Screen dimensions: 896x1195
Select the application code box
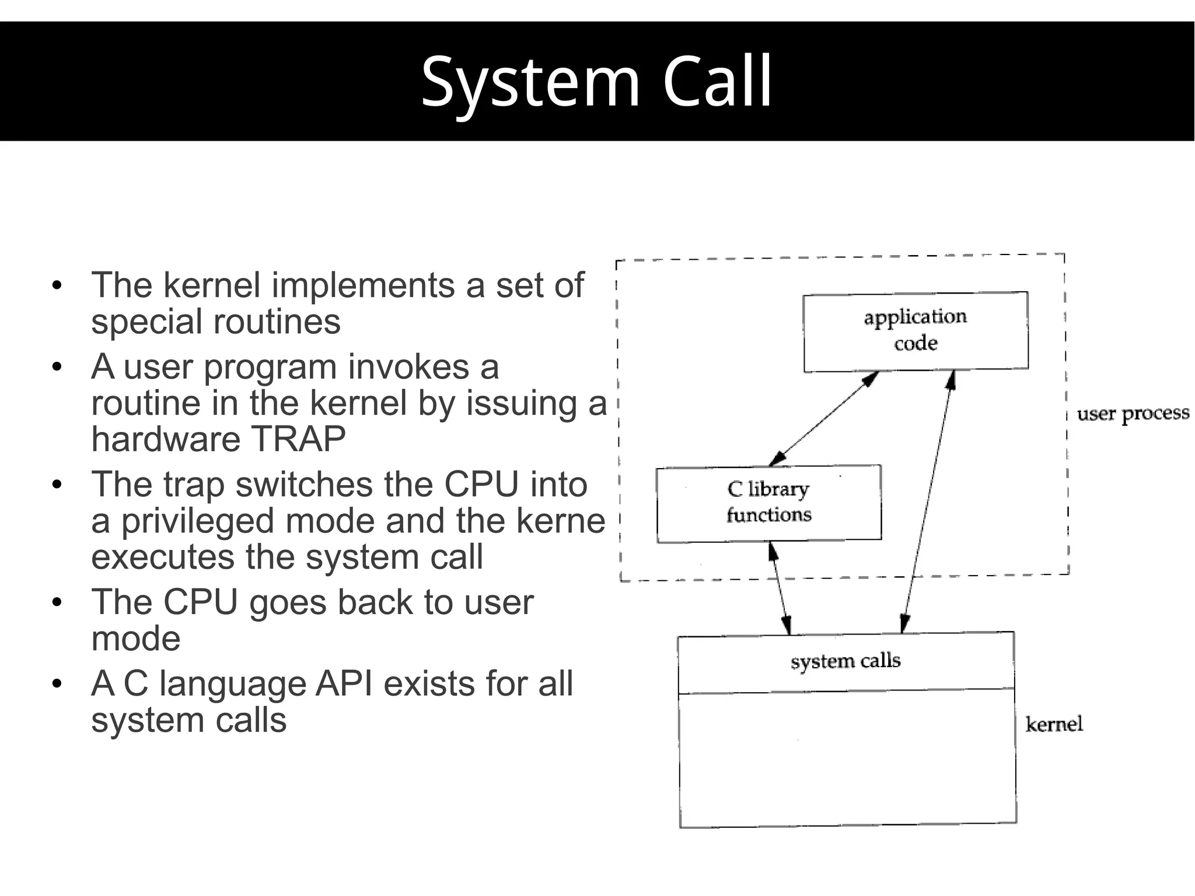pos(915,330)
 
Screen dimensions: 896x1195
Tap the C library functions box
pos(768,503)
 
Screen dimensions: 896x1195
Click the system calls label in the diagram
pos(845,661)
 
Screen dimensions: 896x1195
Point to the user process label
pos(1133,413)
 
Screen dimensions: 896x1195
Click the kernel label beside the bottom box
pos(1054,724)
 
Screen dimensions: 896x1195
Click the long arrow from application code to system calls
pos(927,502)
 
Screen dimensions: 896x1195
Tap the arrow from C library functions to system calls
pos(780,588)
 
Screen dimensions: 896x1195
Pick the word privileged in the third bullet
pos(197,521)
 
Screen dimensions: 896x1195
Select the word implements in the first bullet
pos(363,285)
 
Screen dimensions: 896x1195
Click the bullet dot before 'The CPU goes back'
pos(57,602)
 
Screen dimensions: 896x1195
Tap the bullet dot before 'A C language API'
pos(57,684)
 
